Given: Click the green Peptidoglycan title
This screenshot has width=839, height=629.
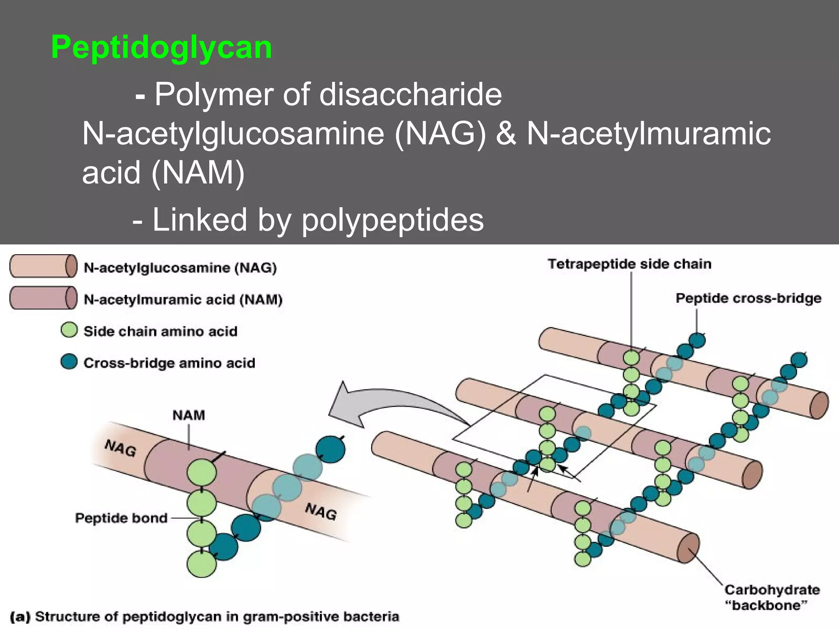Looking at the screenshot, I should [161, 48].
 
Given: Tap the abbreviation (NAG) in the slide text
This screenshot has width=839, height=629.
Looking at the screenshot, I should [440, 133].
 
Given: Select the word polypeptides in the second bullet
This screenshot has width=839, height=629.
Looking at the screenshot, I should [392, 220].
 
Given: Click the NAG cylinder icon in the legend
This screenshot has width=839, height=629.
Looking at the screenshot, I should [43, 266].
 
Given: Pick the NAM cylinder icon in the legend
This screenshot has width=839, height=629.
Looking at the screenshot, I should [43, 298].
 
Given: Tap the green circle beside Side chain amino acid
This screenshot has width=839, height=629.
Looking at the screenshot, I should [69, 330].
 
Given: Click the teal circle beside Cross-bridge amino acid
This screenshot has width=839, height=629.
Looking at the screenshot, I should [69, 362].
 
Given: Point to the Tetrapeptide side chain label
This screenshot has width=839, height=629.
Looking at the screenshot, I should [629, 264].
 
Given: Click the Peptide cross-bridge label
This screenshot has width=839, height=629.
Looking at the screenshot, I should [748, 298].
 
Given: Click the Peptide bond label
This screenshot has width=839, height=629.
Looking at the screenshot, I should [121, 518].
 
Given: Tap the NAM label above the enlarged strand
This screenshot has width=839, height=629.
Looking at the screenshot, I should [188, 415].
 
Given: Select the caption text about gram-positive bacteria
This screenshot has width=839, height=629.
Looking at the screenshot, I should [205, 617].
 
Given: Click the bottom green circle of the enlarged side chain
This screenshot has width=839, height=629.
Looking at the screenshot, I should [201, 564].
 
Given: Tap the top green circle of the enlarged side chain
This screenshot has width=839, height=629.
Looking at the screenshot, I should [202, 473].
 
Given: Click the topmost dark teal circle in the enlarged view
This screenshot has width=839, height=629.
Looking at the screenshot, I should [330, 450].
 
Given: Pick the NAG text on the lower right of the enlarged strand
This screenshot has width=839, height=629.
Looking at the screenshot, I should [321, 511].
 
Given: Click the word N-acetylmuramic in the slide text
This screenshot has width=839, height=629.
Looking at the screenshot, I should [649, 133].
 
